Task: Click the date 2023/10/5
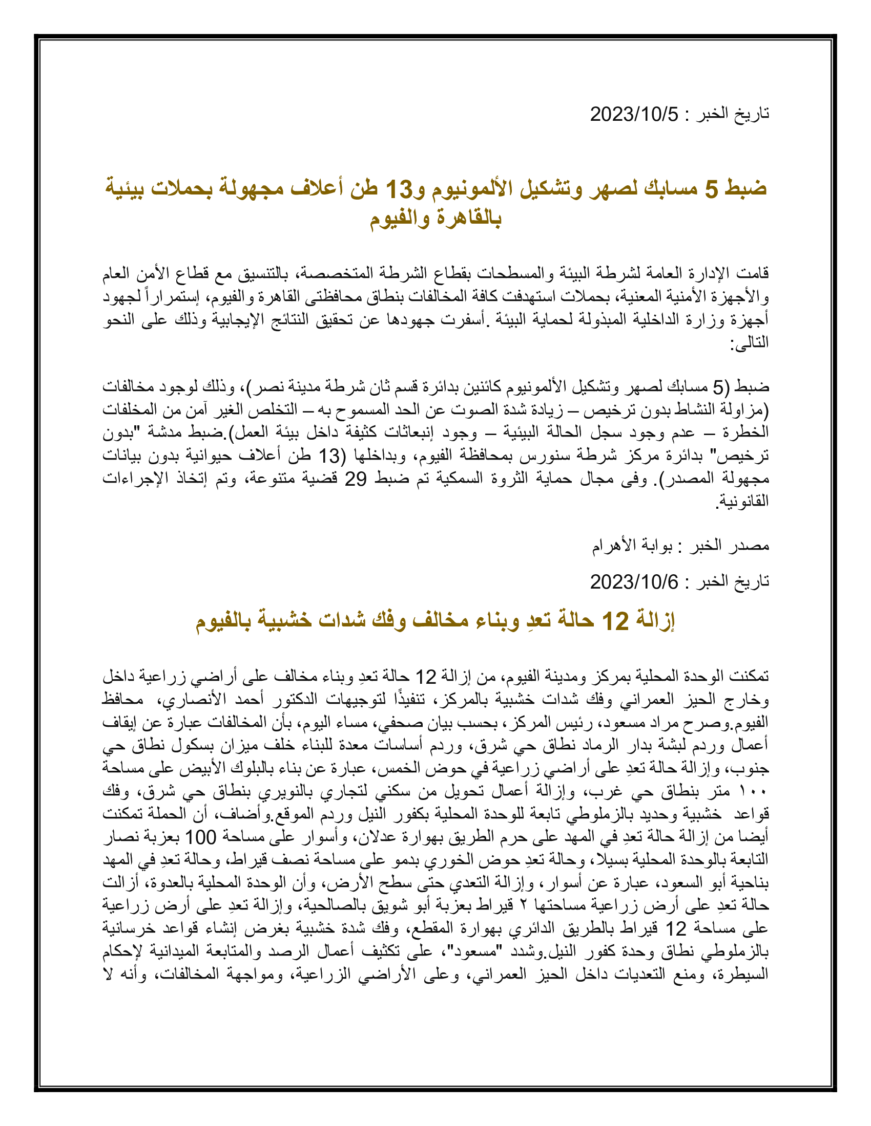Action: [x=634, y=114]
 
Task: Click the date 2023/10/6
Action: [x=634, y=582]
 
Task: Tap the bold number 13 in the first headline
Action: [x=399, y=189]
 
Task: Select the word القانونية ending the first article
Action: [x=743, y=501]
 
